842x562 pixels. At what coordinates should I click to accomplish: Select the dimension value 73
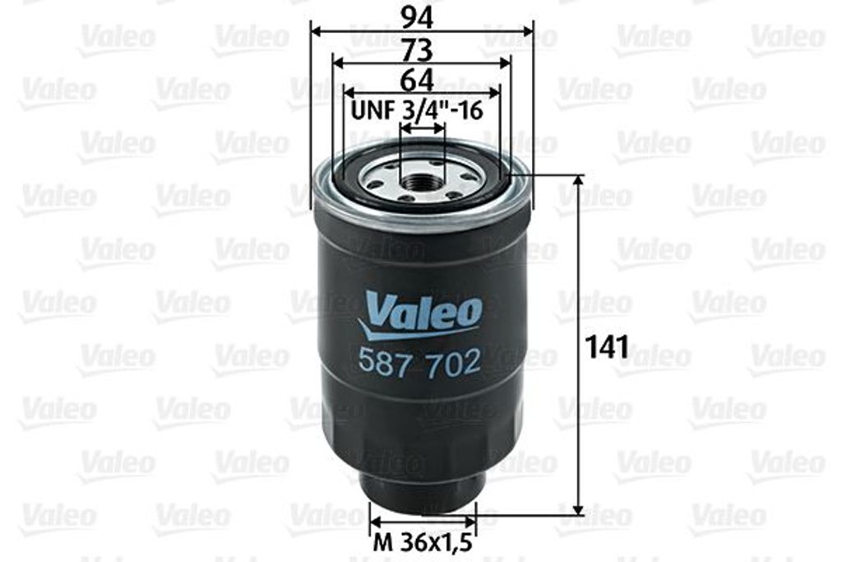click(x=417, y=51)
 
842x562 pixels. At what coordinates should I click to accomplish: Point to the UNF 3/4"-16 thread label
click(x=417, y=110)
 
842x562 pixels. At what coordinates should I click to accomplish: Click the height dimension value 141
click(x=607, y=346)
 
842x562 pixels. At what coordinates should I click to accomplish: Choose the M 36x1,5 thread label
click(x=423, y=542)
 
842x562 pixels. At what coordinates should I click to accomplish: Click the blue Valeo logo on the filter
click(x=420, y=316)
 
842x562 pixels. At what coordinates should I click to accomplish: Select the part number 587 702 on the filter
click(x=419, y=363)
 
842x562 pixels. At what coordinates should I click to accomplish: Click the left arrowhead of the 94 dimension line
click(x=317, y=31)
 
